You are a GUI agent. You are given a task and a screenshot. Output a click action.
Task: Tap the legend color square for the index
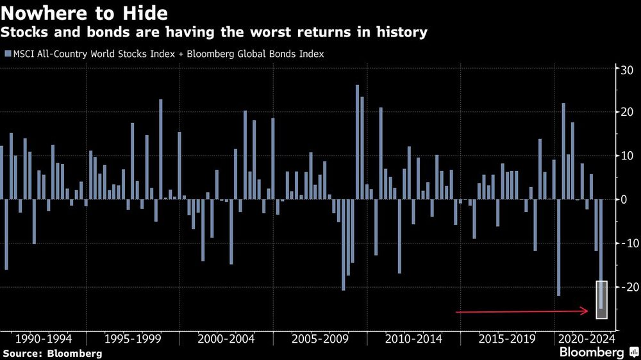point(8,54)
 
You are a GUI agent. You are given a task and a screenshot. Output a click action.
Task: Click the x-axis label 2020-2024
point(586,338)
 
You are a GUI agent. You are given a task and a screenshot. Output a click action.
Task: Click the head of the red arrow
point(586,311)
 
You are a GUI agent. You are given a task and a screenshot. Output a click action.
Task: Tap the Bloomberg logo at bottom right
point(596,352)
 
